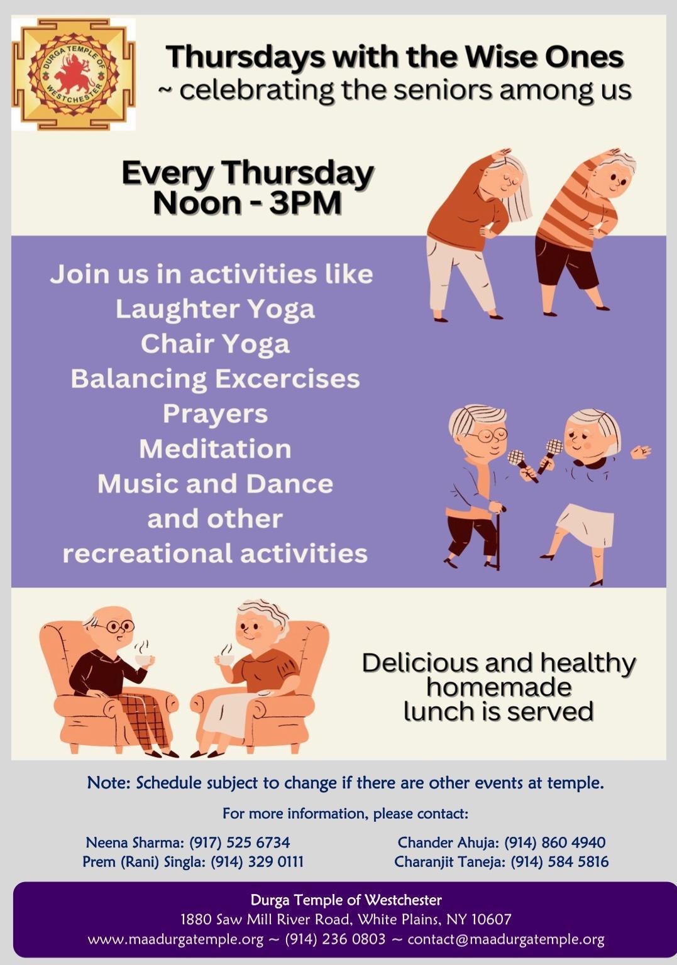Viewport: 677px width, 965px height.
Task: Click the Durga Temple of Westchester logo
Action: coord(74,74)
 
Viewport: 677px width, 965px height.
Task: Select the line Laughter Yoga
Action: coord(215,309)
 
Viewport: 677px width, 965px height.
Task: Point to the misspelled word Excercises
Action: coord(287,379)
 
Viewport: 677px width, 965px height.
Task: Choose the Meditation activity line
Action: coord(215,449)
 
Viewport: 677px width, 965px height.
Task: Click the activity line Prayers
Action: coord(215,414)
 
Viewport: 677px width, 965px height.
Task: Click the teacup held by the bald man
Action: coord(145,659)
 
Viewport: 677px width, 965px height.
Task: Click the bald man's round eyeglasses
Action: coord(120,626)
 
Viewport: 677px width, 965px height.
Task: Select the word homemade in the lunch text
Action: coord(499,687)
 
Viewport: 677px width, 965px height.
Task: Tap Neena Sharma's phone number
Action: coord(240,842)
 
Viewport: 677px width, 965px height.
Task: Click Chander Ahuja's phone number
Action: coord(555,842)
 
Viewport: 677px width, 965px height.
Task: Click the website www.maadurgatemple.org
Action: coord(175,939)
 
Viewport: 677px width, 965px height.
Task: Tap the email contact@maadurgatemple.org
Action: coord(506,939)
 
